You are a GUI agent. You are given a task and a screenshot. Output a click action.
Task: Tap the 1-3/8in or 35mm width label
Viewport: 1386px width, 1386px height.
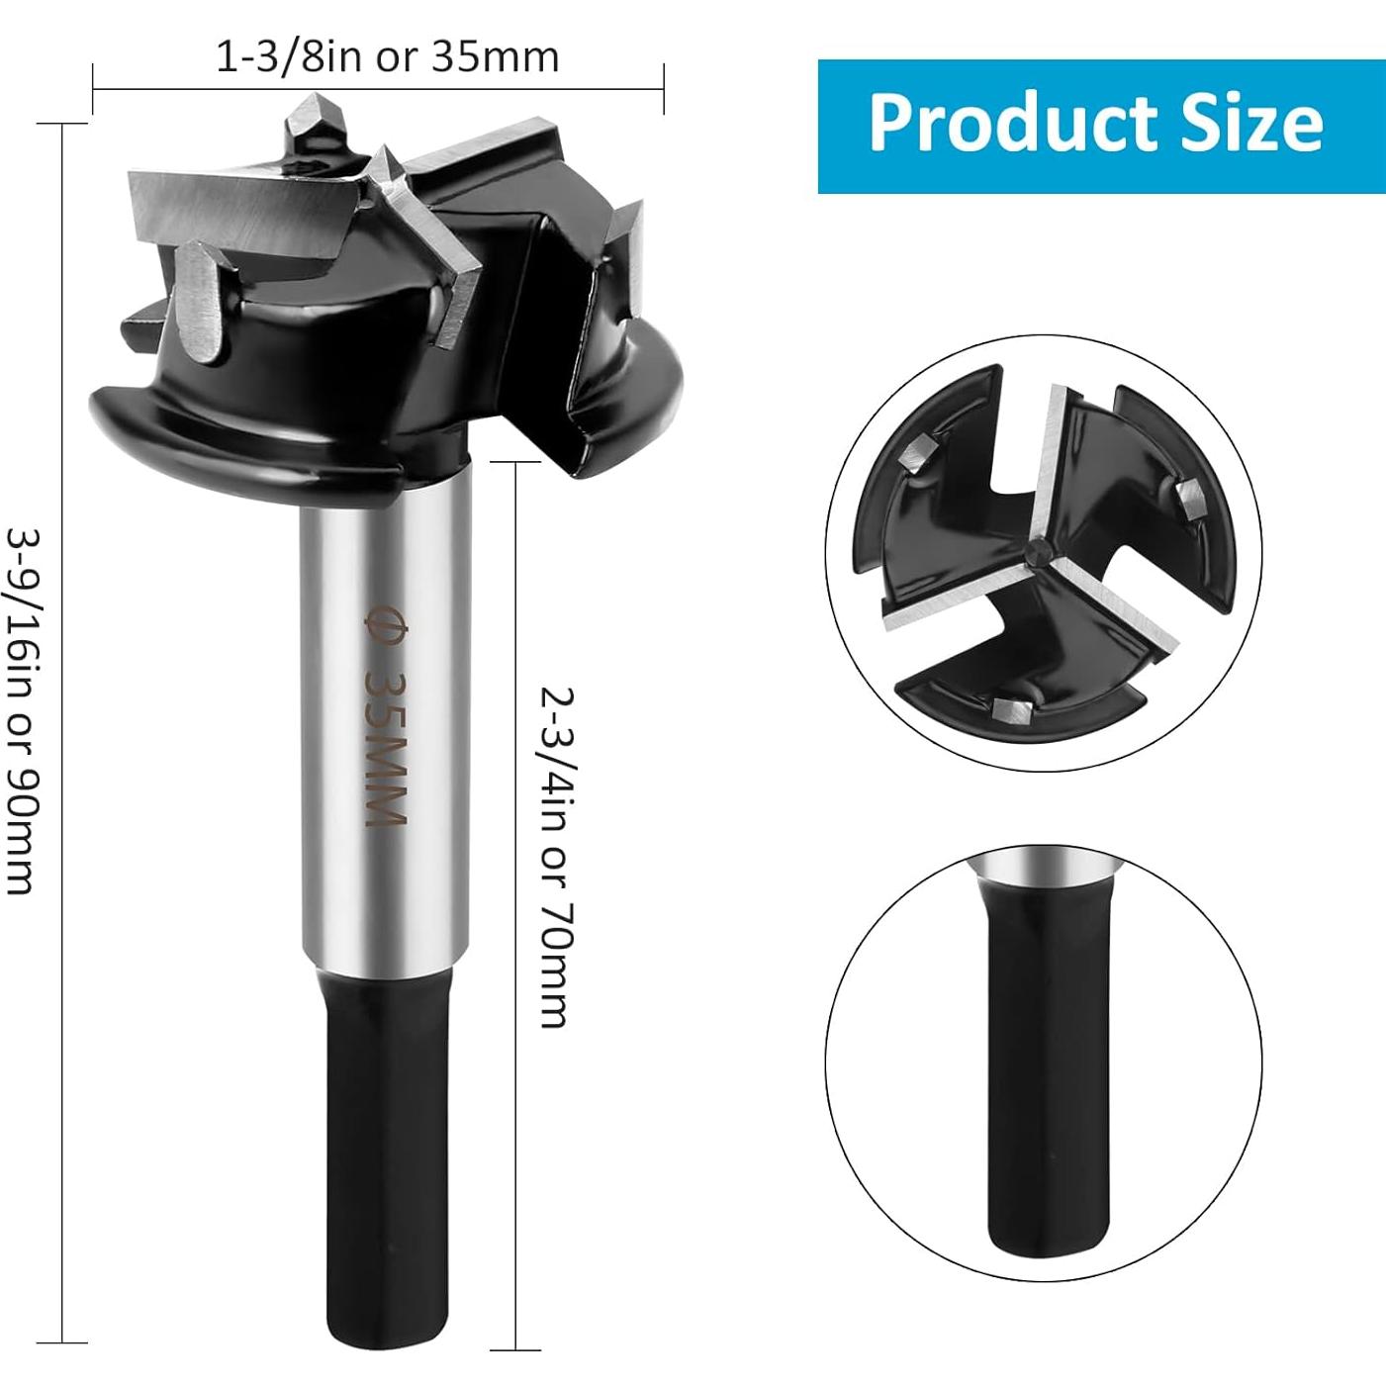[388, 57]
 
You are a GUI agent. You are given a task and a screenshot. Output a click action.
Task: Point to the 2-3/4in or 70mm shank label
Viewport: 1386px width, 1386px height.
[555, 857]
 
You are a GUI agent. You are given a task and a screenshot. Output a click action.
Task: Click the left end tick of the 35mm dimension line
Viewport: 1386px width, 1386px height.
[93, 89]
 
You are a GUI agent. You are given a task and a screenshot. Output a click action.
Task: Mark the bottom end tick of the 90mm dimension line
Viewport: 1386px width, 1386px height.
[62, 1342]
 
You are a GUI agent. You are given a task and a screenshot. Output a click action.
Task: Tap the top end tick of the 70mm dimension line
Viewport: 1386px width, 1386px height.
[516, 461]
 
